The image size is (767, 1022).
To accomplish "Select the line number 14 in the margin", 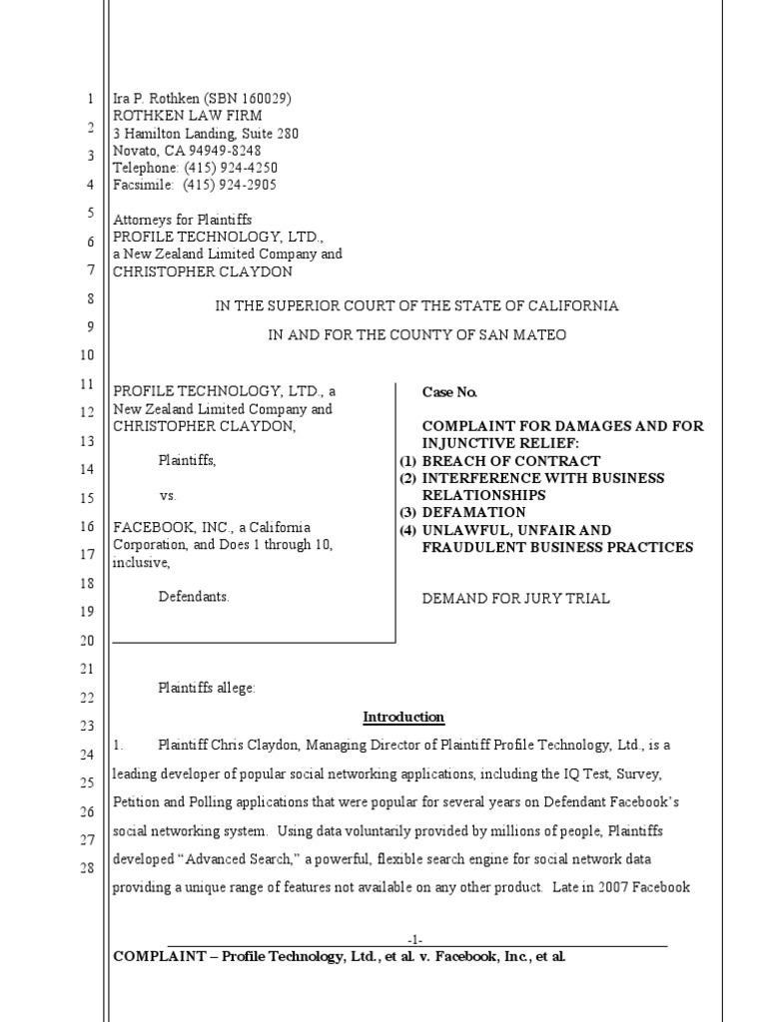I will click(86, 469).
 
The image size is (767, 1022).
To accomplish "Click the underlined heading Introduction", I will click(402, 718).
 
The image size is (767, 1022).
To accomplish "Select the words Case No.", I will click(442, 393).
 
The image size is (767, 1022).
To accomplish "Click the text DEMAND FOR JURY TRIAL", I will click(516, 599).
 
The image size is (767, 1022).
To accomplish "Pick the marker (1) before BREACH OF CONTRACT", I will click(407, 461).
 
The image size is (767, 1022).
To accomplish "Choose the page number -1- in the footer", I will click(416, 939).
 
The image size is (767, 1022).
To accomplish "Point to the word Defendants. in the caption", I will click(194, 597).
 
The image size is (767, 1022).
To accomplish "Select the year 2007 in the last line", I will click(613, 886).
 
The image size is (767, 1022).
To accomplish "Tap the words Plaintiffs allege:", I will click(207, 687).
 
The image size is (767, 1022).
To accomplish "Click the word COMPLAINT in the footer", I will click(159, 956).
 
